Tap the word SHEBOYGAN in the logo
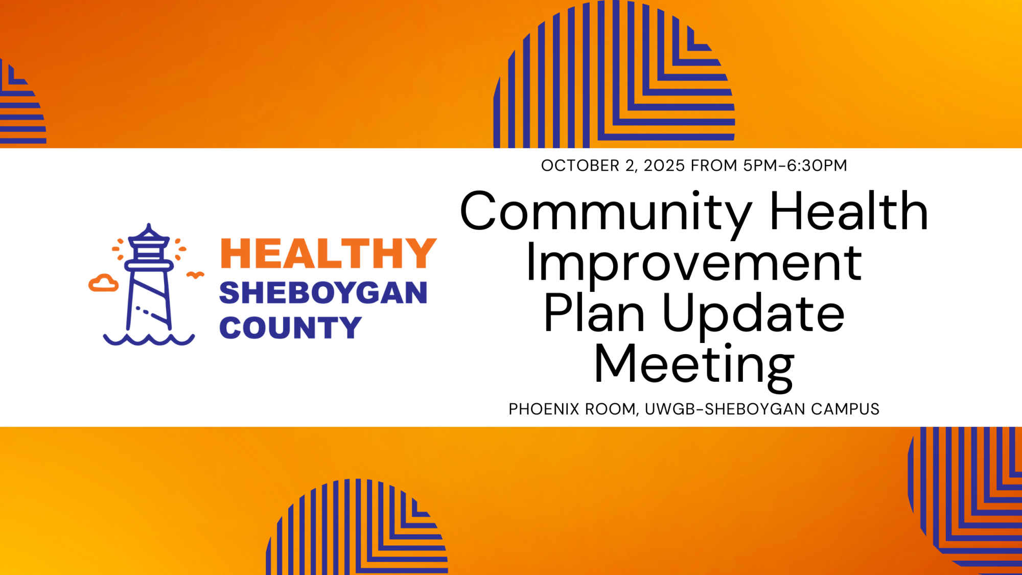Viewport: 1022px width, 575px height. click(x=323, y=293)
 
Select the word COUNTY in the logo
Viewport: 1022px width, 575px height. click(x=290, y=328)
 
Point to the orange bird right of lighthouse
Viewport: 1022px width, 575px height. click(x=195, y=275)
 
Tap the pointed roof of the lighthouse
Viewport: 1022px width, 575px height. click(x=149, y=233)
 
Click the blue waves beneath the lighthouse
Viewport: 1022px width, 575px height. click(x=149, y=339)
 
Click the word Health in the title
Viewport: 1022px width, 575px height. click(x=849, y=210)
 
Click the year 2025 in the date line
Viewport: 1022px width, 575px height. click(x=664, y=166)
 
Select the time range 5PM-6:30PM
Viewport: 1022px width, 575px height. click(x=795, y=166)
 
